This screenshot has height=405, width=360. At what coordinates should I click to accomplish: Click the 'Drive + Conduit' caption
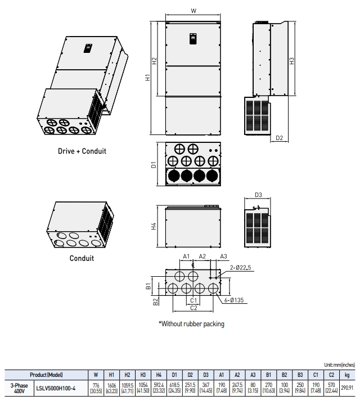click(x=82, y=151)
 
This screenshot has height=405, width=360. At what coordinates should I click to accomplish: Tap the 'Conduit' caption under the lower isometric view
click(x=82, y=258)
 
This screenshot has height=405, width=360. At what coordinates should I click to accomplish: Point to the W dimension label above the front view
click(x=193, y=11)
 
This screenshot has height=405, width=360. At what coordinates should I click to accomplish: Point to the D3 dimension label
click(x=259, y=195)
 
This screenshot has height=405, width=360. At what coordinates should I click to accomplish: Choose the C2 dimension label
click(x=193, y=307)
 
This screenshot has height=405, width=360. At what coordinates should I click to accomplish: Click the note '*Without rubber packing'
click(x=191, y=323)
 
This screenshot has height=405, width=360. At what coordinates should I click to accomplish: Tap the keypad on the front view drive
click(x=193, y=39)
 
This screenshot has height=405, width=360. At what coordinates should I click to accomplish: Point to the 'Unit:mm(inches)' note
click(x=339, y=364)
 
